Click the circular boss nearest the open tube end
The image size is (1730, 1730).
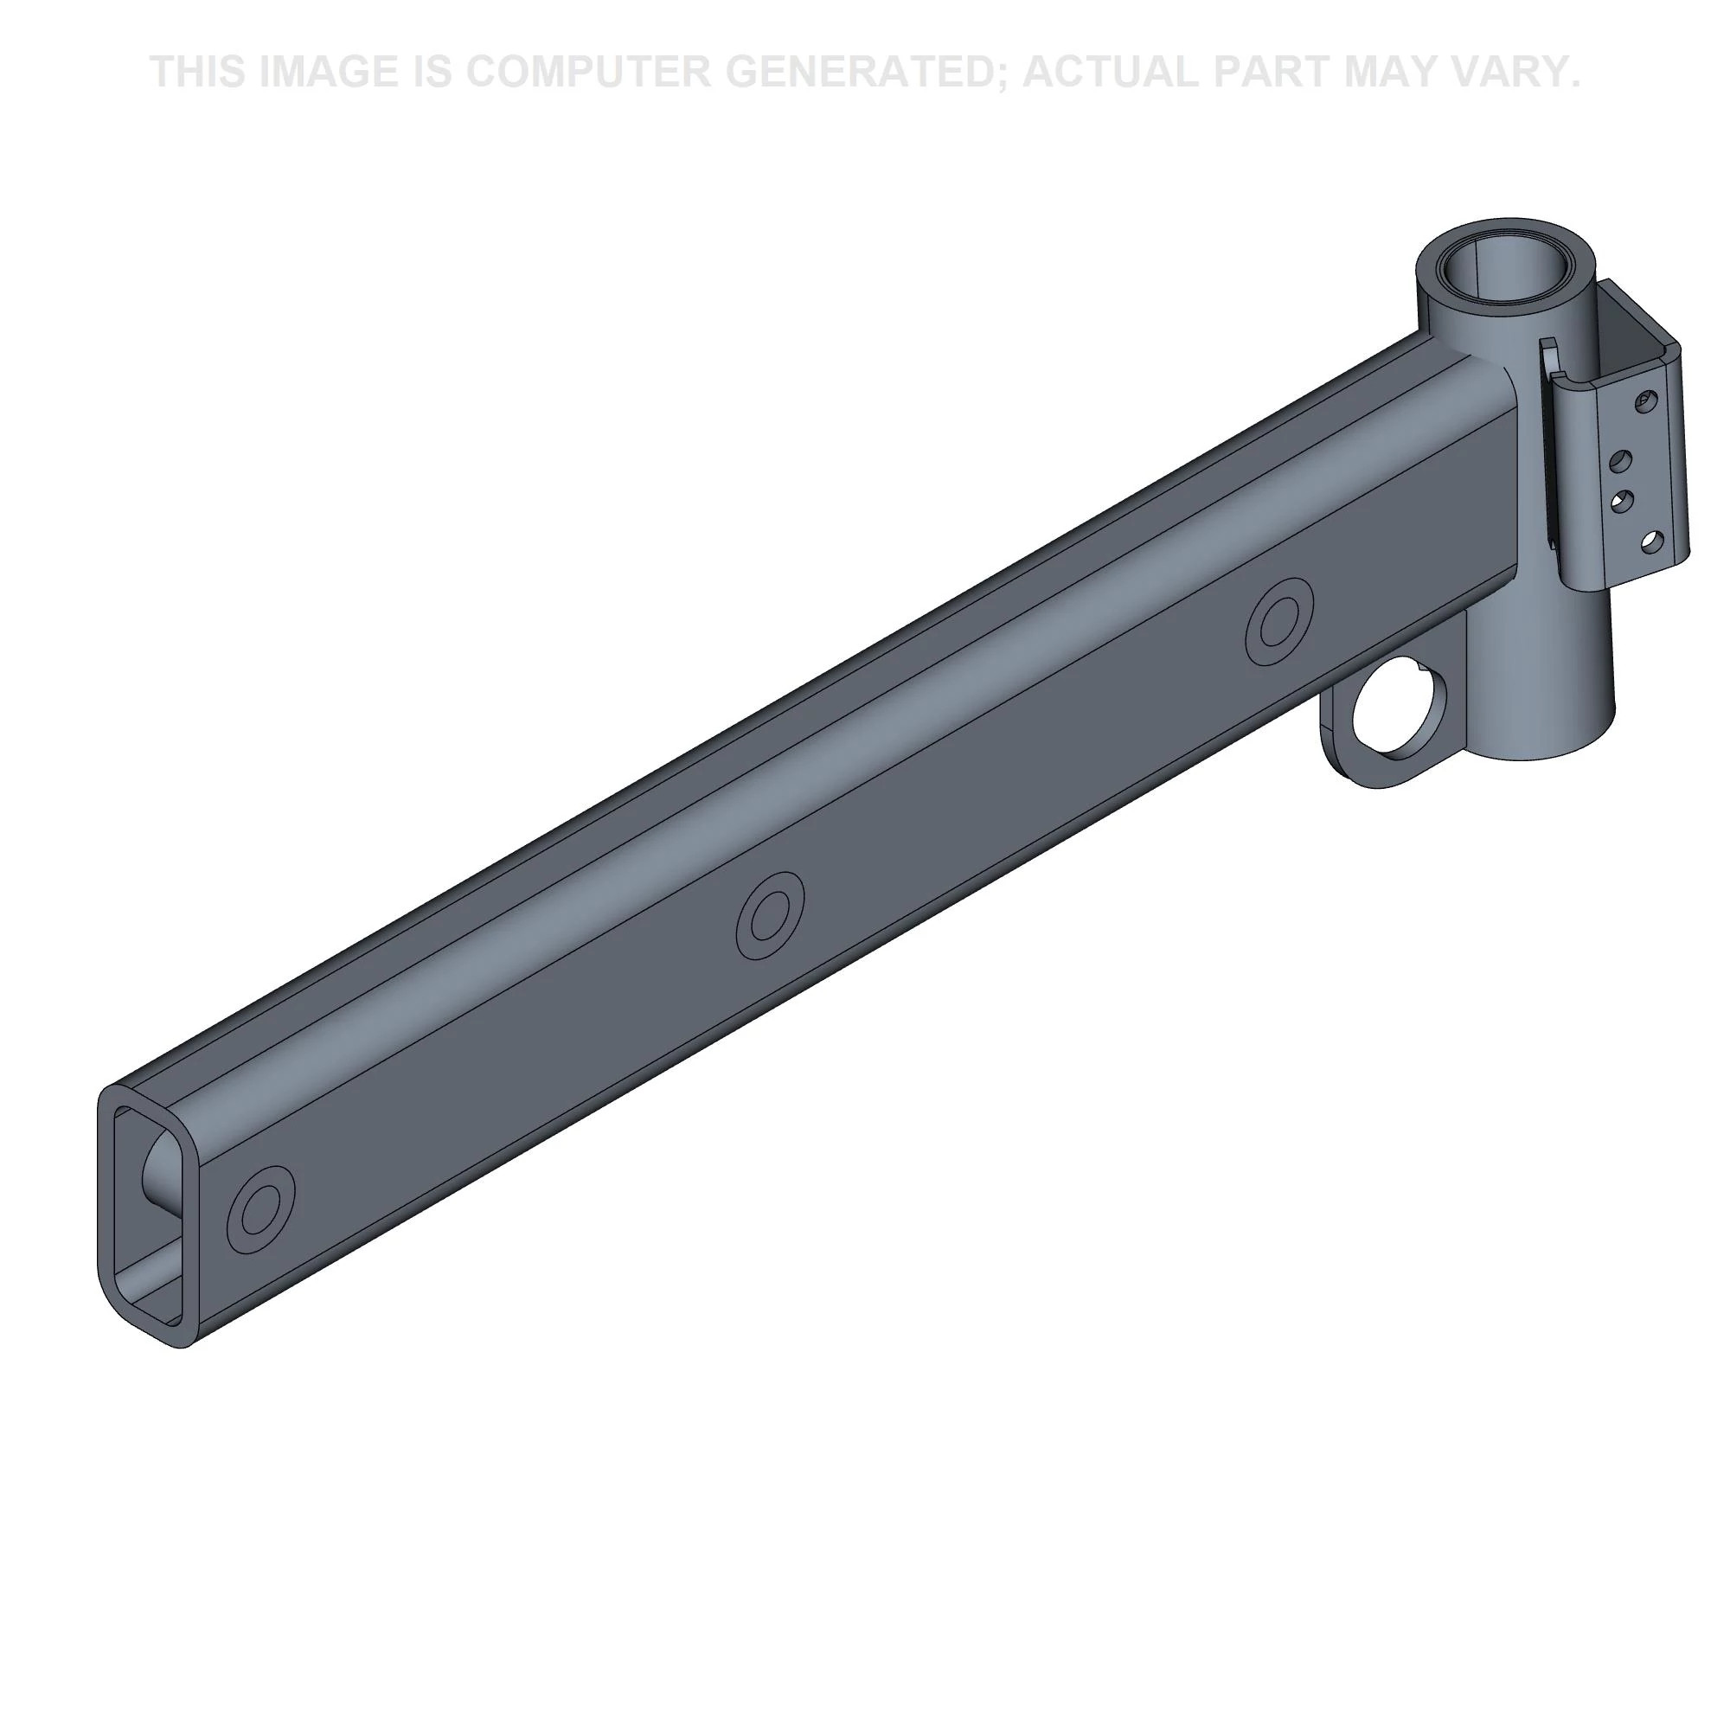tap(260, 1209)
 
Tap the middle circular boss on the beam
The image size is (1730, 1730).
tap(769, 916)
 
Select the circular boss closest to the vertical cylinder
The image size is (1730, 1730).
tap(1279, 621)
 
